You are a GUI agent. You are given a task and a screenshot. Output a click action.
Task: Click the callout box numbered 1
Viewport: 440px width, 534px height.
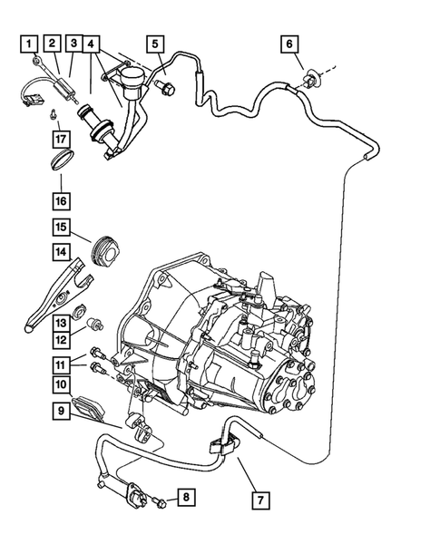[x=31, y=43]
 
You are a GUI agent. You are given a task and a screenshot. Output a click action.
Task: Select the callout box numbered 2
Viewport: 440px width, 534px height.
[x=54, y=43]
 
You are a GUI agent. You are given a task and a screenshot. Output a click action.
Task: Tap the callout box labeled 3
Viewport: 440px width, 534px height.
[x=74, y=43]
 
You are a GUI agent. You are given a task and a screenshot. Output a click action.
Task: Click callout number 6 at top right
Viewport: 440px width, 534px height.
[x=289, y=43]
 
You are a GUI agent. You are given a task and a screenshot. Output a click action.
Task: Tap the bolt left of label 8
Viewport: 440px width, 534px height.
[x=161, y=500]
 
